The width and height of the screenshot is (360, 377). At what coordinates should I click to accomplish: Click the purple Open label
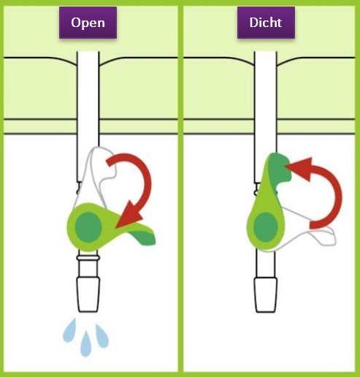coord(88,23)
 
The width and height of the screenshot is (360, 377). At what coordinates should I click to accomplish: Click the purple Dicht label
coord(266,23)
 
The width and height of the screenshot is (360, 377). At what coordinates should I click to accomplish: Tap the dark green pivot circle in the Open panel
coord(88,227)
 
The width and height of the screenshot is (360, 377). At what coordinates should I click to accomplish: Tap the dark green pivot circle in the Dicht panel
coord(266,227)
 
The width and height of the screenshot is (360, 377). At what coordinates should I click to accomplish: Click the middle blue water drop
coord(85,344)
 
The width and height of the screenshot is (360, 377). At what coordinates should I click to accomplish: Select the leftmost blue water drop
coord(69,330)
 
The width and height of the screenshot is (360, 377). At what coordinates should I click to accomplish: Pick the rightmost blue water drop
coord(102,336)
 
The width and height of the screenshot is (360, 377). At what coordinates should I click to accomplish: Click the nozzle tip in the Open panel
coord(88,294)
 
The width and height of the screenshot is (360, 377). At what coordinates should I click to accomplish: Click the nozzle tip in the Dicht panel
coord(266,295)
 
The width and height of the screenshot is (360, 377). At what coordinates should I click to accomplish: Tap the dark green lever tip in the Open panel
coord(144,238)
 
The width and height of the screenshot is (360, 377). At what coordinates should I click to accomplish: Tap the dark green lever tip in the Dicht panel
coord(280,168)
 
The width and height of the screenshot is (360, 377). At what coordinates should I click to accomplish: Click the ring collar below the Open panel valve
coord(88,258)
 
